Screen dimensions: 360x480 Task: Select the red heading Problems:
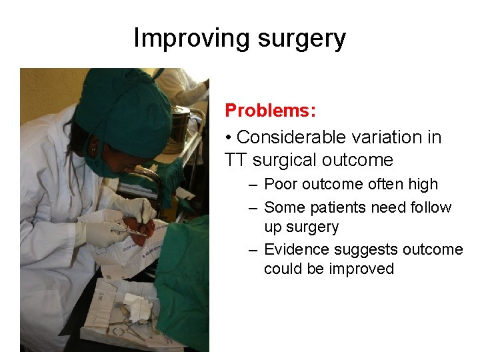tap(270, 110)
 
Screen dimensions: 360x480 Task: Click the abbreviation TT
tap(235, 160)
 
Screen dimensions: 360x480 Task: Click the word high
tap(422, 185)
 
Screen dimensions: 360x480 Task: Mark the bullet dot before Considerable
tap(228, 138)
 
